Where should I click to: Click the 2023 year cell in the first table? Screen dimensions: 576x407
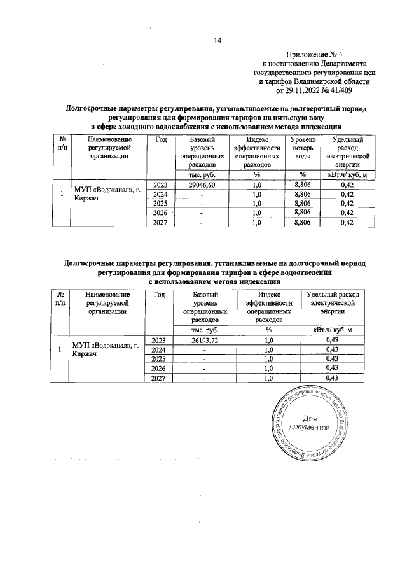coord(160,185)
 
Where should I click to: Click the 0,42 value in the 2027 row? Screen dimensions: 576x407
coord(347,223)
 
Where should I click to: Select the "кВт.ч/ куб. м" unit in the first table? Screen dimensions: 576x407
coord(347,174)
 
